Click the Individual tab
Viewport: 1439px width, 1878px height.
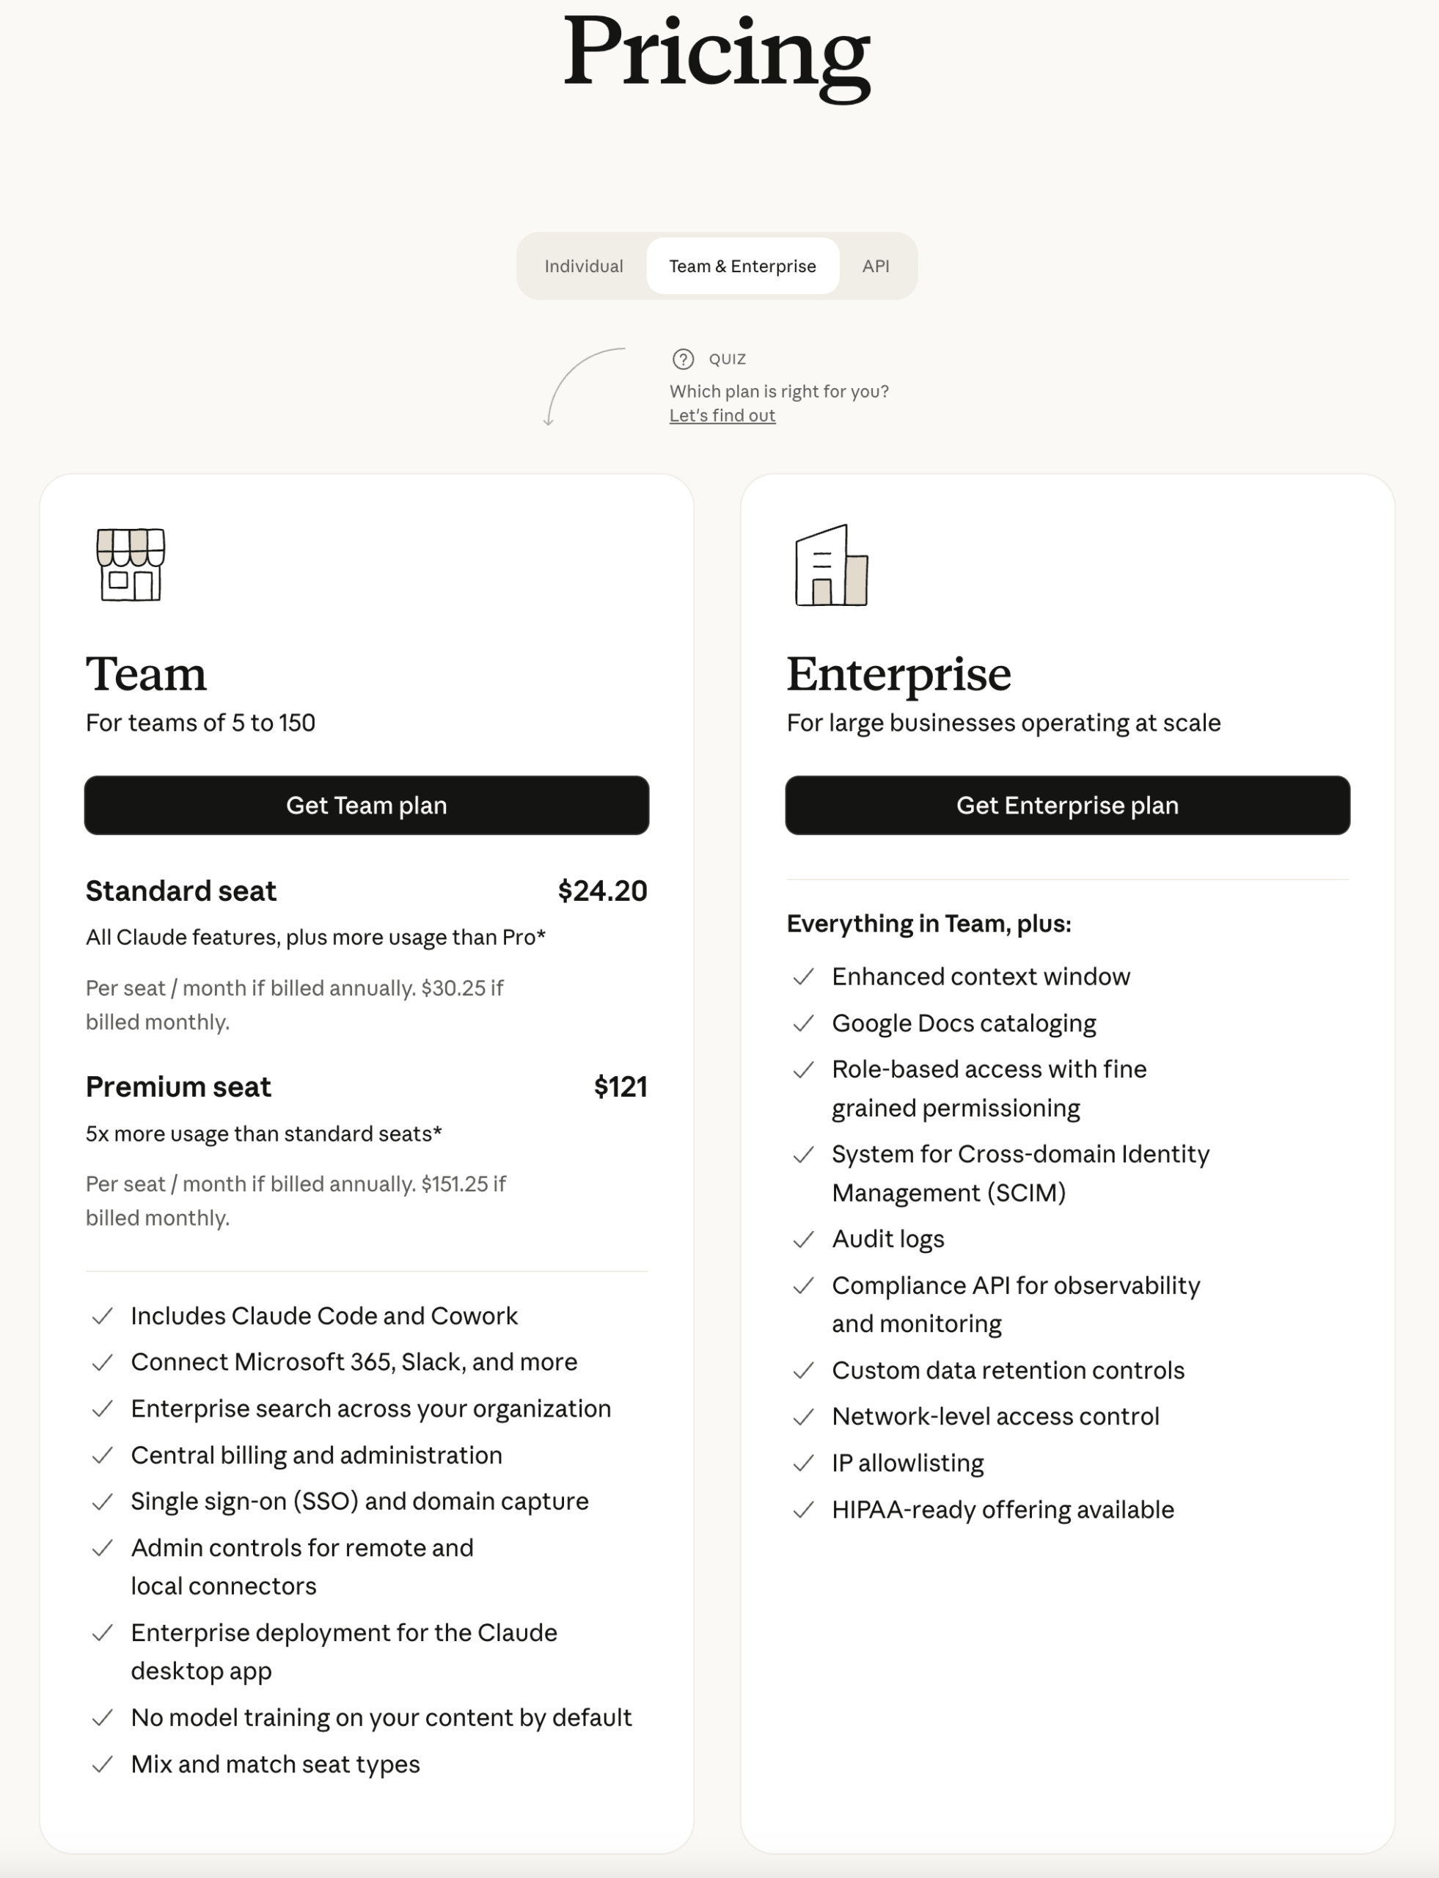(583, 266)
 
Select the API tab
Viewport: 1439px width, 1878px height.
(876, 266)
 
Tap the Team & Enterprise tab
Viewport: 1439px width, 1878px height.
(742, 266)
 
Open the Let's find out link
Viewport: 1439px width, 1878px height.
(722, 415)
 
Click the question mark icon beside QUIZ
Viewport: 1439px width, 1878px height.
(683, 359)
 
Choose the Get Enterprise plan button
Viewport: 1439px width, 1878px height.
(1067, 805)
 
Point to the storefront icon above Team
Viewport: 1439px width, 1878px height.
(131, 565)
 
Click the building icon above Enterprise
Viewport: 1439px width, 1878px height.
(831, 566)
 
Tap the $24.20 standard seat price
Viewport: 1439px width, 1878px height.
(602, 891)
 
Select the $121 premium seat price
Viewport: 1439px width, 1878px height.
(620, 1087)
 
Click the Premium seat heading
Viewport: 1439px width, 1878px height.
(178, 1087)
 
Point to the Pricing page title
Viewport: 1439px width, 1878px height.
(717, 53)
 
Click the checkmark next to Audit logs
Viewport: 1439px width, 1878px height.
(802, 1240)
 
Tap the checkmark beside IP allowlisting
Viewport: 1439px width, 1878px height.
(802, 1464)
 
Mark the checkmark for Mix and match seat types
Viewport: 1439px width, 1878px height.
(102, 1765)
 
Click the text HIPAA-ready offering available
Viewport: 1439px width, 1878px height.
(1002, 1510)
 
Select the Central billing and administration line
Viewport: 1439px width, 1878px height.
(316, 1455)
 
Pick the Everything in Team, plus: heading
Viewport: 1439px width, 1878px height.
(929, 924)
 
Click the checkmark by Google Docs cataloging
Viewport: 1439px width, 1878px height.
(802, 1024)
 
